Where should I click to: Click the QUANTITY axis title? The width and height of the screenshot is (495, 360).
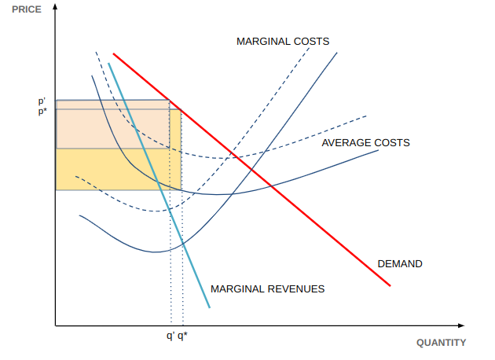pyautogui.click(x=441, y=343)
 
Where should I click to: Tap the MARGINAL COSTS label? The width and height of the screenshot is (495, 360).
pyautogui.click(x=283, y=41)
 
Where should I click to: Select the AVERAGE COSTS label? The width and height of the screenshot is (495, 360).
pyautogui.click(x=365, y=143)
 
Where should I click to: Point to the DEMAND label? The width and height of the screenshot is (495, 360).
pyautogui.click(x=400, y=264)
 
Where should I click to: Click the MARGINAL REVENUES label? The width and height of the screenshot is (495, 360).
pyautogui.click(x=267, y=289)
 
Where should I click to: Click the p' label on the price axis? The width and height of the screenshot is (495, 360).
pyautogui.click(x=42, y=101)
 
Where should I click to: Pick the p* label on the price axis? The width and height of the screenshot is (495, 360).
pyautogui.click(x=42, y=112)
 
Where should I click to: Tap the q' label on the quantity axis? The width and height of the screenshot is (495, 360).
pyautogui.click(x=170, y=336)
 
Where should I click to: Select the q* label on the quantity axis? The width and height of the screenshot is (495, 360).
pyautogui.click(x=182, y=336)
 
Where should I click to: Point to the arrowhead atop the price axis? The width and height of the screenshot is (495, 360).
pyautogui.click(x=55, y=7)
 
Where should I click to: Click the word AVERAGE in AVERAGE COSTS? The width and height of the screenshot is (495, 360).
pyautogui.click(x=346, y=143)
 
